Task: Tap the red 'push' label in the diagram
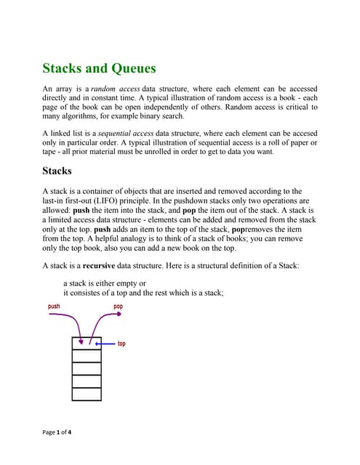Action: (x=54, y=307)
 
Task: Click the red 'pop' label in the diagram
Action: (x=119, y=307)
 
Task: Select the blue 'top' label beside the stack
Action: (x=121, y=343)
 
